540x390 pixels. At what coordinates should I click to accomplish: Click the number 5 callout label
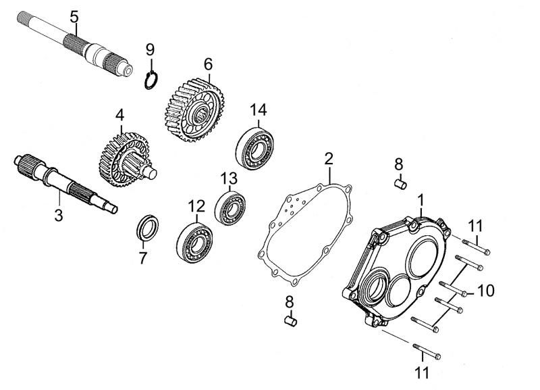pyautogui.click(x=74, y=15)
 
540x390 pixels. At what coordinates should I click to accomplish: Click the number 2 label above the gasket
pyautogui.click(x=328, y=159)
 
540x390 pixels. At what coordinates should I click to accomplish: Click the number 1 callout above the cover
pyautogui.click(x=421, y=200)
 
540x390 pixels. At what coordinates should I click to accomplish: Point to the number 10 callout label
pyautogui.click(x=486, y=291)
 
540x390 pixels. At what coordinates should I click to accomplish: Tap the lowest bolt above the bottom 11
pyautogui.click(x=425, y=352)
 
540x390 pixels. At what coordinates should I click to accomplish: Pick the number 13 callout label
pyautogui.click(x=230, y=178)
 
